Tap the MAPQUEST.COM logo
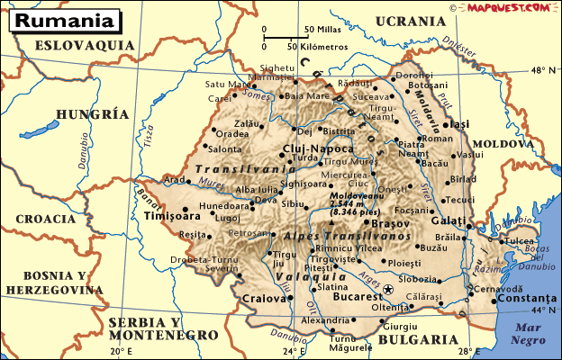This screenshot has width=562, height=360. click(507, 7)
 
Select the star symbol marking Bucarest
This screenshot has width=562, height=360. click(388, 289)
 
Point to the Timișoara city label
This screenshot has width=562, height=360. click(172, 217)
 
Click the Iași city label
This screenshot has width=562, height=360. click(460, 124)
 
